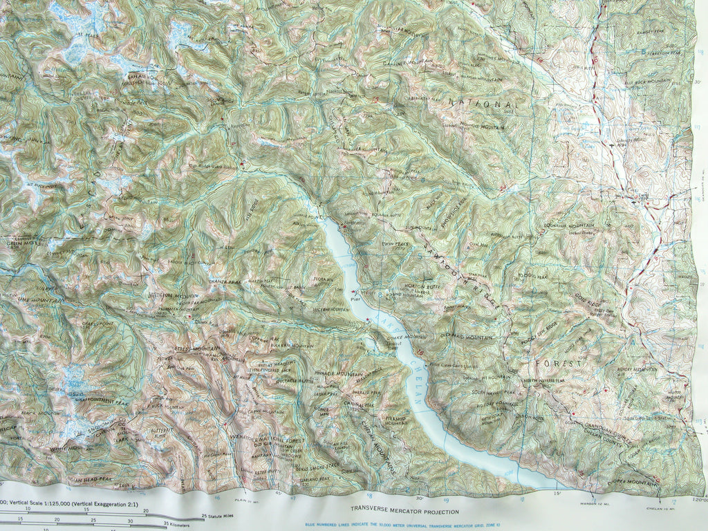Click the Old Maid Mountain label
[x=465, y=337]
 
